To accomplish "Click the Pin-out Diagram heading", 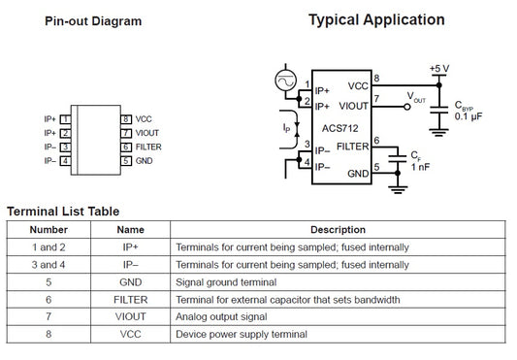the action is click(93, 21).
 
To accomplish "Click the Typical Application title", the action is click(376, 20).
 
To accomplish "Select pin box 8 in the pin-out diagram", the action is click(126, 119).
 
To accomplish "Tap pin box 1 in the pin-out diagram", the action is click(65, 119).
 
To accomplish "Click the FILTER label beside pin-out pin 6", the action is click(148, 147).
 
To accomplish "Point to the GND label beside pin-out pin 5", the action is click(145, 161).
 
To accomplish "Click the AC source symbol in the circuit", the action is click(285, 81).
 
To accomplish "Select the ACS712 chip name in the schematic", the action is click(339, 128).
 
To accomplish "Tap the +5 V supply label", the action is click(439, 69).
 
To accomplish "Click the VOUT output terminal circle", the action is click(407, 107).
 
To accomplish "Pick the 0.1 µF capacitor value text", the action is click(469, 116).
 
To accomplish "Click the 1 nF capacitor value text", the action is click(420, 167).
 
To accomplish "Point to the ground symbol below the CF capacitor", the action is click(398, 190).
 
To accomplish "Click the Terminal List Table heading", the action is click(63, 212).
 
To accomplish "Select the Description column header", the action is click(338, 230).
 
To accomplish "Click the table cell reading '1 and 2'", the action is click(48, 247).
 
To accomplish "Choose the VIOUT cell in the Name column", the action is click(131, 316).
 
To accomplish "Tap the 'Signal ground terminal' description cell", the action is click(226, 282).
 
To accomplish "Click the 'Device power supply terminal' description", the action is click(242, 334).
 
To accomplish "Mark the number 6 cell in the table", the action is click(48, 300).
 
